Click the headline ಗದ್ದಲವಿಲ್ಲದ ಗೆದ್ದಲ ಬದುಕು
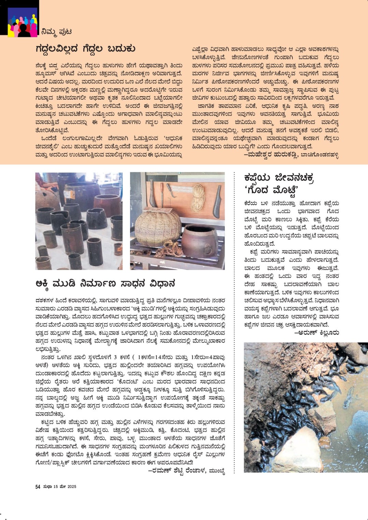click(x=85, y=49)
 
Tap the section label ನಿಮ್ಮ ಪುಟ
click(x=56, y=32)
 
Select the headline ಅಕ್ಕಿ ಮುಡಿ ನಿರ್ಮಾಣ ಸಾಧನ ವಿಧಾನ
click(x=105, y=283)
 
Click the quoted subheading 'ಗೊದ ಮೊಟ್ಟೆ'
click(x=271, y=190)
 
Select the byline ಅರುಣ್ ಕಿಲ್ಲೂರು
click(x=316, y=332)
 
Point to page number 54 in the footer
click(x=38, y=487)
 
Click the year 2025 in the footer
click(x=72, y=487)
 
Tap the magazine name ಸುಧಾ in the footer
click(x=47, y=487)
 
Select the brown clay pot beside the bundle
click(x=199, y=240)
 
